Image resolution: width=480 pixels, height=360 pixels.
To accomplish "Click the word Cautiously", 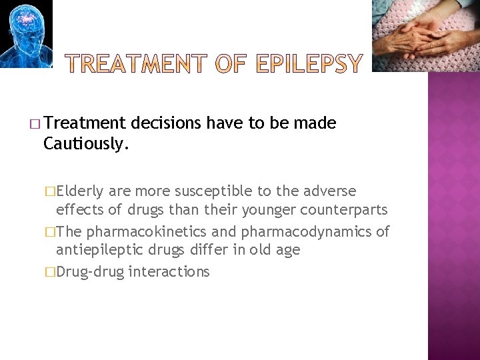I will pos(86,143).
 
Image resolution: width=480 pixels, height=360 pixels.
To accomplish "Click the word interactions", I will pos(169,271).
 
